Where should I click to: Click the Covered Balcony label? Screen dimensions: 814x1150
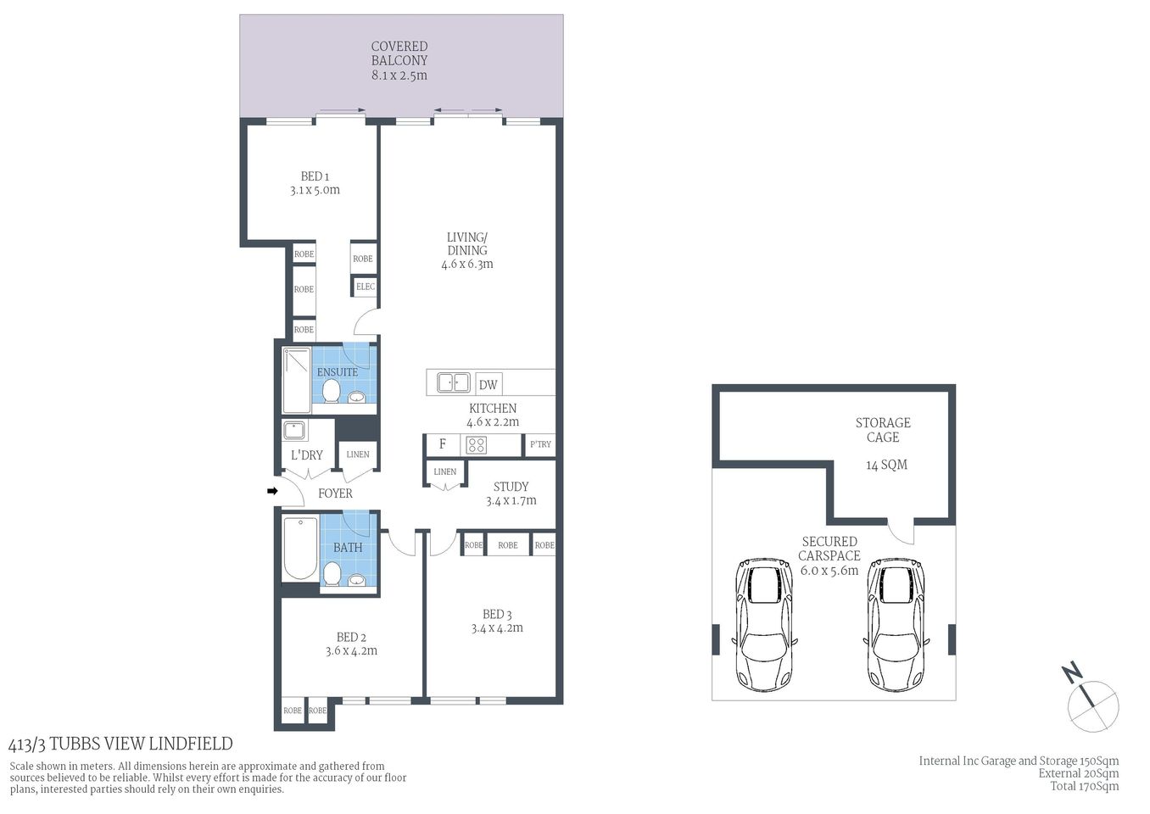click(399, 53)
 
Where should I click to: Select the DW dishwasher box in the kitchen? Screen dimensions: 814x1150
click(488, 384)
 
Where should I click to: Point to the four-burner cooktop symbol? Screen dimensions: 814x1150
click(477, 445)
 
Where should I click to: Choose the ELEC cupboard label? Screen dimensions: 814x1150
click(365, 287)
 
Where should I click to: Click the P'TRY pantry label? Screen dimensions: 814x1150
click(540, 444)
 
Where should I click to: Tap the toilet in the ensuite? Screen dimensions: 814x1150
click(332, 392)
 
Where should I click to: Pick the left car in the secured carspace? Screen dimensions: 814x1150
click(766, 623)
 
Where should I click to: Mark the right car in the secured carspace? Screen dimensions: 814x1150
click(896, 623)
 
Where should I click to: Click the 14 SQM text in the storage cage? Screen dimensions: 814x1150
click(886, 465)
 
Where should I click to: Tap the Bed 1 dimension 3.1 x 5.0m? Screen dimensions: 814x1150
click(315, 190)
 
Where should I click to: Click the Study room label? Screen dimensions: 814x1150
click(511, 487)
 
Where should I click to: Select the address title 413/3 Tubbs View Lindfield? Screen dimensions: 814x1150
click(120, 744)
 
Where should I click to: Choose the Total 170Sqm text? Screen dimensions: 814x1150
click(1084, 786)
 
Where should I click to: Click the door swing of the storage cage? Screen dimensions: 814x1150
click(901, 532)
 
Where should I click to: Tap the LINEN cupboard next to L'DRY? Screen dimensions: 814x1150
click(358, 454)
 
